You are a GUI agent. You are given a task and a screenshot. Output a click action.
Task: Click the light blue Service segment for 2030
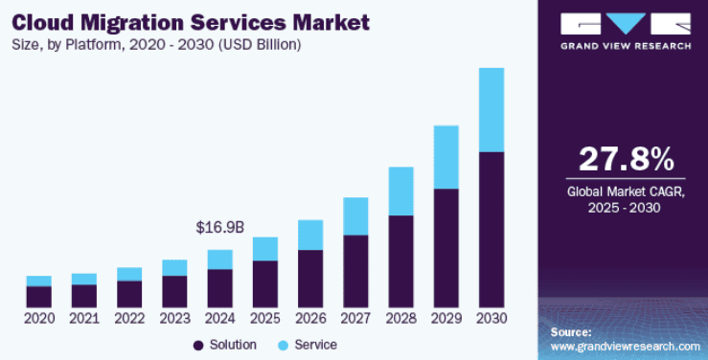point(491,110)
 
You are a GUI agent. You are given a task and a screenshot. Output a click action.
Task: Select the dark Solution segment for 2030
point(491,230)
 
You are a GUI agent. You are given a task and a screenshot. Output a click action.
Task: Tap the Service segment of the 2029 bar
point(445,157)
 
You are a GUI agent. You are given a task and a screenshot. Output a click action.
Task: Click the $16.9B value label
point(219,228)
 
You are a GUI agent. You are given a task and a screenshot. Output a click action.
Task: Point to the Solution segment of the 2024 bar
point(219,288)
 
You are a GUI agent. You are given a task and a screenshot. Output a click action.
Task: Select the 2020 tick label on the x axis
point(38,318)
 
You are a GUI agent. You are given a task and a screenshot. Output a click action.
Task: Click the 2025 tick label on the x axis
point(264,318)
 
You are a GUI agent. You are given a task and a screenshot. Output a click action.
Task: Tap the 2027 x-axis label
point(355,318)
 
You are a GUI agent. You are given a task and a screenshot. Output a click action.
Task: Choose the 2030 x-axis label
point(491,318)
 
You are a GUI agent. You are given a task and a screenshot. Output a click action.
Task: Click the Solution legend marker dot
point(198,344)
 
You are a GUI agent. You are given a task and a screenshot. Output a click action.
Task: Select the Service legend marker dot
point(284,344)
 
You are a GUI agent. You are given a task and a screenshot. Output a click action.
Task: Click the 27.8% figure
point(626,159)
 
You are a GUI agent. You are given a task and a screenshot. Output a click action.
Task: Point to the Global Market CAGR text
point(626,191)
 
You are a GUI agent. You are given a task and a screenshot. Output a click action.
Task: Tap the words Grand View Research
point(626,45)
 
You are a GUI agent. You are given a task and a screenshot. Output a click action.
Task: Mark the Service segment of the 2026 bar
point(309,235)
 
